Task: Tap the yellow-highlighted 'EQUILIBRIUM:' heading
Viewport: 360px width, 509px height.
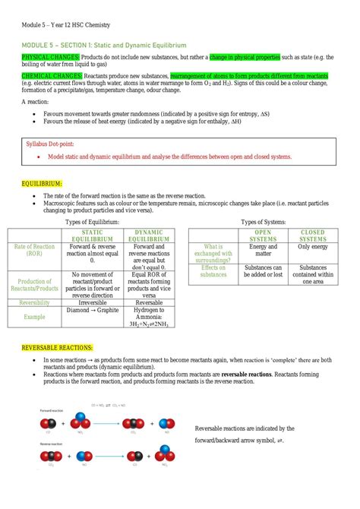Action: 42,184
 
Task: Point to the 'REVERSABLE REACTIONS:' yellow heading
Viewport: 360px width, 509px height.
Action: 58,347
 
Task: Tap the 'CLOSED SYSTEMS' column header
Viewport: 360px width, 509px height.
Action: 312,236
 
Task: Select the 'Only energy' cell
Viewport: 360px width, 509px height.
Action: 312,247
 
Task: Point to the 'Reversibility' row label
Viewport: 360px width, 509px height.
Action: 35,302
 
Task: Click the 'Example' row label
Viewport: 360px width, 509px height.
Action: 35,317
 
